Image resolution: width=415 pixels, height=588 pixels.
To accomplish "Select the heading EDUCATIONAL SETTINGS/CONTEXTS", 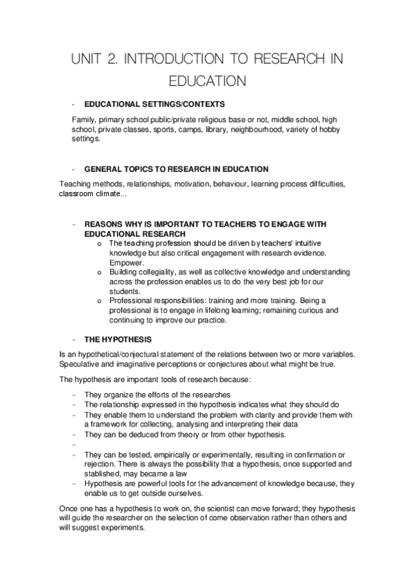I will click(154, 104).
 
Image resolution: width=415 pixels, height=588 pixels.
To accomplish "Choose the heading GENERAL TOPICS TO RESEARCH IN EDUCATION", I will click(176, 169).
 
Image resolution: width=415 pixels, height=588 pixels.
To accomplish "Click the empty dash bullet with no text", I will click(73, 445).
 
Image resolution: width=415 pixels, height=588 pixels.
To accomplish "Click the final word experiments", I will click(122, 527).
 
